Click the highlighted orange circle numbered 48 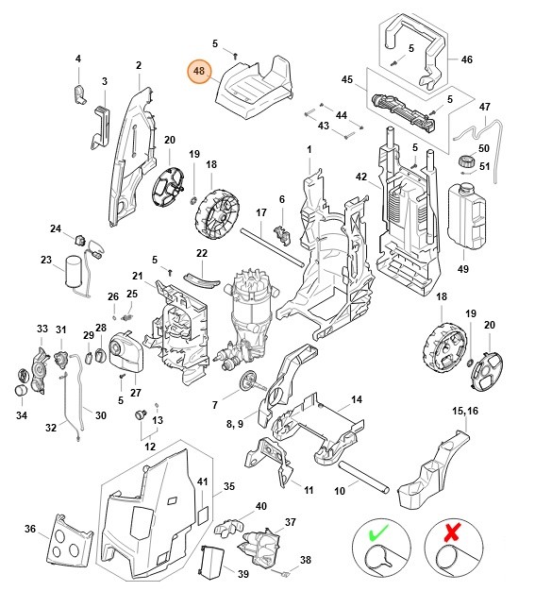pos(199,71)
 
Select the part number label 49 pos(462,269)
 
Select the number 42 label pos(360,177)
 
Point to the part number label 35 pos(228,487)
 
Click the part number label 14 pos(356,400)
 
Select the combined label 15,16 pos(465,412)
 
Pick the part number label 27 pos(135,394)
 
